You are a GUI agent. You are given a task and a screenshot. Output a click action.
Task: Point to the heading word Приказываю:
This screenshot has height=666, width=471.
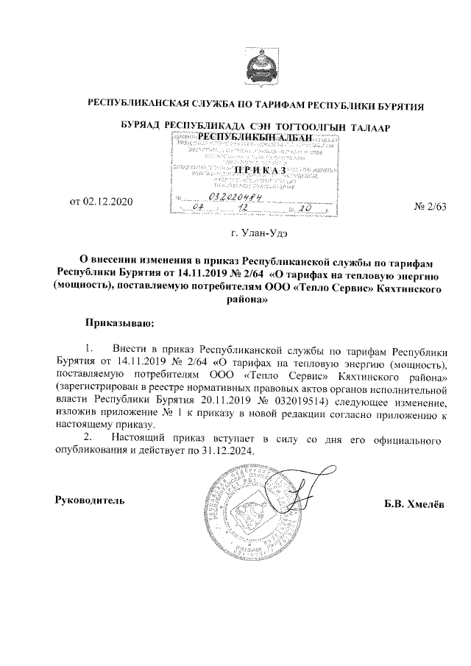118,322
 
